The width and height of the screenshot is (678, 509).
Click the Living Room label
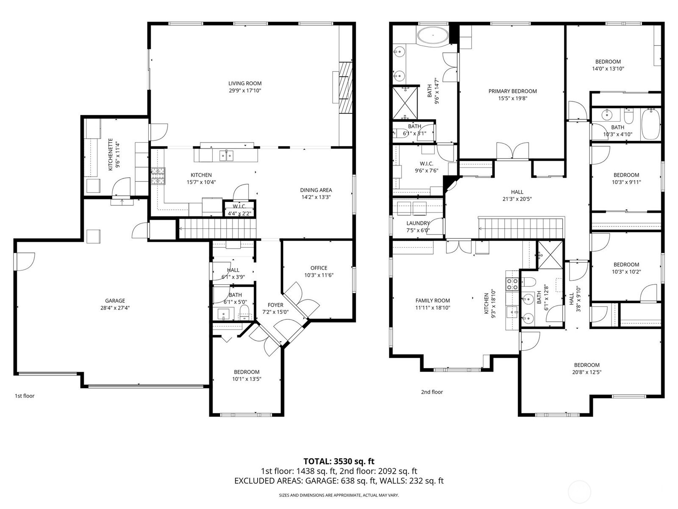[x=245, y=84]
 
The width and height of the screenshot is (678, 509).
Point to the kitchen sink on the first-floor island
[x=226, y=156]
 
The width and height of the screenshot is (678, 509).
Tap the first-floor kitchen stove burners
[x=158, y=176]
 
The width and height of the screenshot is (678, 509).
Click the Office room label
[x=319, y=268]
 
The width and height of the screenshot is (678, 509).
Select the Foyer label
[x=275, y=305]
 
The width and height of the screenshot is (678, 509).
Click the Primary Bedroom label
[x=512, y=91]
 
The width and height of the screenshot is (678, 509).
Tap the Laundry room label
[x=418, y=223]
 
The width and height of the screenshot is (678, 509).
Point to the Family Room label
[x=433, y=301]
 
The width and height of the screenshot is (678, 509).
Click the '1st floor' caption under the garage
[x=25, y=396]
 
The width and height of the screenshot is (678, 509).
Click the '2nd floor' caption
[x=432, y=392]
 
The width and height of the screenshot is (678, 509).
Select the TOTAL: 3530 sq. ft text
[x=339, y=461]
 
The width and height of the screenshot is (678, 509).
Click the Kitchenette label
[x=111, y=154]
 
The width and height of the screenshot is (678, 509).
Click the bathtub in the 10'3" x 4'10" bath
[x=650, y=124]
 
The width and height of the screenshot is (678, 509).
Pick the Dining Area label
[x=316, y=190]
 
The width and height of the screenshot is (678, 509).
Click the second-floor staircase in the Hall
[x=521, y=228]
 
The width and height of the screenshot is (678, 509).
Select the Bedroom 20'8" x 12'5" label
[x=586, y=365]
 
